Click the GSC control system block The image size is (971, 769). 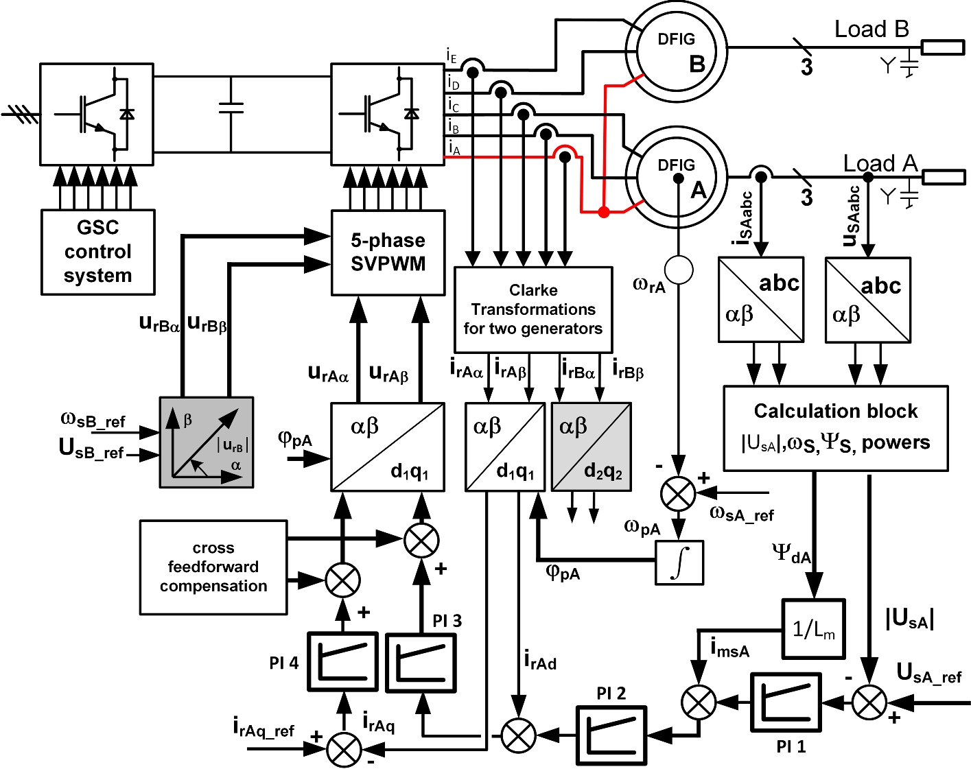click(97, 252)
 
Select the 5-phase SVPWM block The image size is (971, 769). click(388, 252)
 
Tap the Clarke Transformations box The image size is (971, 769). click(533, 309)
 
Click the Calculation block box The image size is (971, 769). click(835, 427)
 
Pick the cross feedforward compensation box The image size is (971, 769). click(213, 567)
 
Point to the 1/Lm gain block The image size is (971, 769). click(813, 629)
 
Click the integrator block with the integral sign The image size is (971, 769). click(679, 563)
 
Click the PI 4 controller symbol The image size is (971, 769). click(342, 662)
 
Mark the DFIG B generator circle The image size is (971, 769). click(676, 51)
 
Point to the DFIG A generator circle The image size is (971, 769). click(676, 178)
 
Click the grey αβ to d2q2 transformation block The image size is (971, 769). click(591, 447)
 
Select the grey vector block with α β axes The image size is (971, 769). click(207, 442)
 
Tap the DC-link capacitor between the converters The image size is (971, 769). click(231, 107)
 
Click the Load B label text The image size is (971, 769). click(871, 29)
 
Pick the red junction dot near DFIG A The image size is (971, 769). click(603, 212)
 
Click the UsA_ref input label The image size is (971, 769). click(928, 674)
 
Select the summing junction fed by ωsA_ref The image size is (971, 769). click(677, 493)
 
